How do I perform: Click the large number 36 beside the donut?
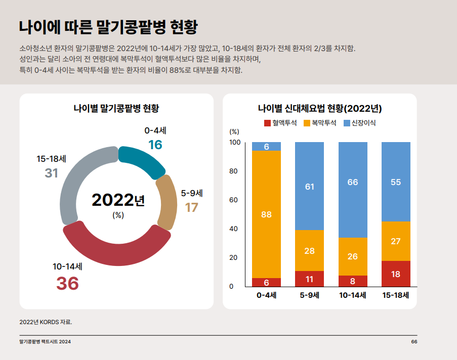tap(67, 284)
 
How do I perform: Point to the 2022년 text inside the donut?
tap(118, 200)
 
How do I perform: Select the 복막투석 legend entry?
tap(320, 123)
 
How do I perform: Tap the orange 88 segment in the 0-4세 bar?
tap(266, 214)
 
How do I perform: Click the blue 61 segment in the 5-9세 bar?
tap(309, 187)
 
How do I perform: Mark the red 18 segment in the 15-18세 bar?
tap(396, 274)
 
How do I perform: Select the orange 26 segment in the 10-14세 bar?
tap(353, 256)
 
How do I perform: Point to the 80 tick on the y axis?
tap(234, 171)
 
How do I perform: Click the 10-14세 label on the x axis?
tap(353, 295)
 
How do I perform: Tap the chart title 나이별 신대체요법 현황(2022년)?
tap(319, 108)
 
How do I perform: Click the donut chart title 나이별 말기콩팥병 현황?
tap(116, 108)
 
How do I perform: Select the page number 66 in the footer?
tap(414, 342)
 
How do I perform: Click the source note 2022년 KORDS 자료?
tap(46, 322)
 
